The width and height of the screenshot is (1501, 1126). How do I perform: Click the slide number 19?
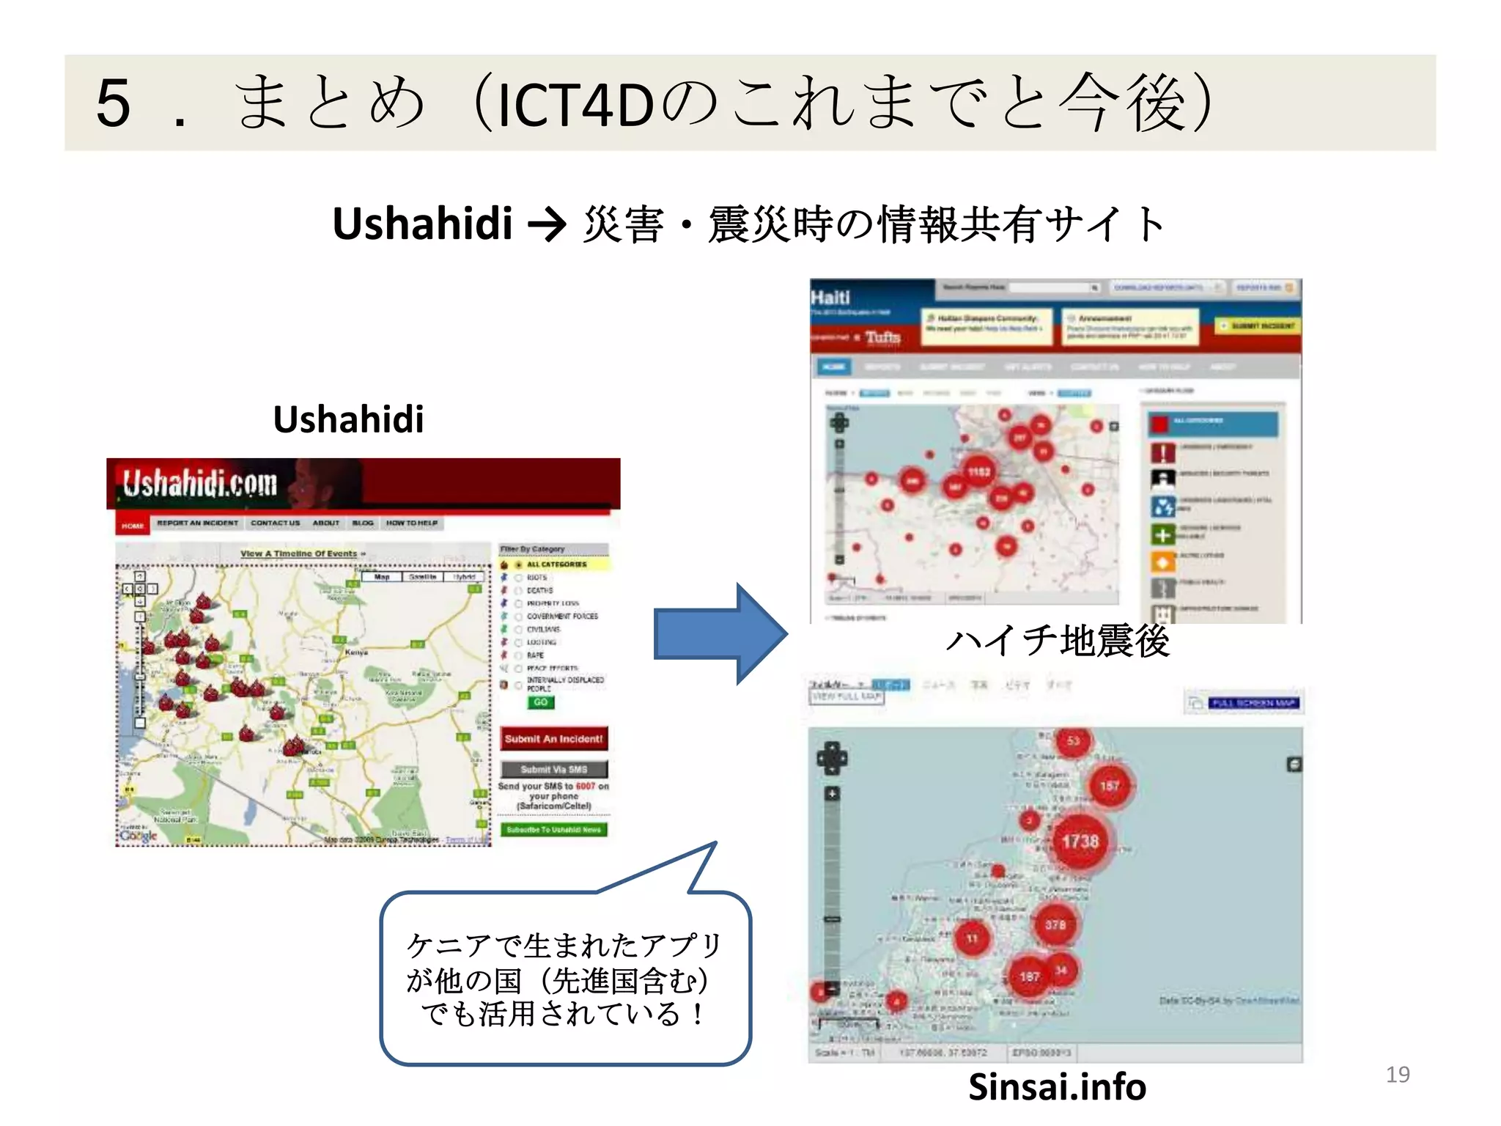1397,1075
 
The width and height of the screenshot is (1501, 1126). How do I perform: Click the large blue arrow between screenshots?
719,634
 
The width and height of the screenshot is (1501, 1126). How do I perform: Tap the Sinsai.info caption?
1057,1086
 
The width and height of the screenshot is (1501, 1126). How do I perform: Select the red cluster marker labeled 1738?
1080,842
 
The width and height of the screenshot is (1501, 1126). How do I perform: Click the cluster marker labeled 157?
1109,786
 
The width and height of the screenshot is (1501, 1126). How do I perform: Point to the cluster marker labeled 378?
1055,925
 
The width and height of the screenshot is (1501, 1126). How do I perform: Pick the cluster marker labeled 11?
972,938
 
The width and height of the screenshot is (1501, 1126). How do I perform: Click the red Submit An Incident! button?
553,739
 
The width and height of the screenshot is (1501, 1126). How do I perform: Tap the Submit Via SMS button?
553,769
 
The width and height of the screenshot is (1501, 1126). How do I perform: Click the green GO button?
540,702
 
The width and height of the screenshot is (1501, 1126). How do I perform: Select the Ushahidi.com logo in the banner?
199,485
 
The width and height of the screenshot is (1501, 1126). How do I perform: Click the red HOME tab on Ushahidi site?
133,525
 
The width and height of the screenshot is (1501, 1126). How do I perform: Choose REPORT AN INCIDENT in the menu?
197,523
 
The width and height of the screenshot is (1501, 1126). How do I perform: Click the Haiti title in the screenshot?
830,298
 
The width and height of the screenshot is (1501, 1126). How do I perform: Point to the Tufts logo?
882,337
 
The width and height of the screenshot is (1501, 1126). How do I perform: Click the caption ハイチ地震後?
1057,641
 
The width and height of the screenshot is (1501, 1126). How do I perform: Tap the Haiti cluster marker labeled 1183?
978,472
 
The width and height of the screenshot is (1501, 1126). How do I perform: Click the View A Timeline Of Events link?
302,553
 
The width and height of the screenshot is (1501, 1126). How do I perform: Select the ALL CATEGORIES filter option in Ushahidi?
556,564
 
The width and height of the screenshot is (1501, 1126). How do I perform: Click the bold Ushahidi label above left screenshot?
348,419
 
